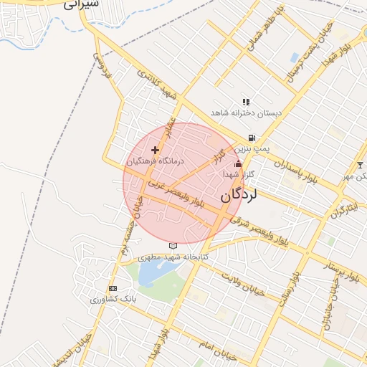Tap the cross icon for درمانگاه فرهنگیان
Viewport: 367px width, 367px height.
tap(155, 150)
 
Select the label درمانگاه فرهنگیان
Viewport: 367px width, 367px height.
tap(154, 163)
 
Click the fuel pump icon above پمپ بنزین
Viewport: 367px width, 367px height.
tap(251, 138)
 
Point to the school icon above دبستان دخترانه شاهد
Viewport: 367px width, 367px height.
tap(247, 102)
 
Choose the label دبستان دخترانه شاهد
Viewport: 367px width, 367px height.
tap(247, 113)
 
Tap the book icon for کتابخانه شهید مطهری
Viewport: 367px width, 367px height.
tap(171, 246)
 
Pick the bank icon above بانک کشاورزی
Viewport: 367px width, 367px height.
tap(112, 287)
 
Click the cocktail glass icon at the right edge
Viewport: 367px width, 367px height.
tap(360, 166)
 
